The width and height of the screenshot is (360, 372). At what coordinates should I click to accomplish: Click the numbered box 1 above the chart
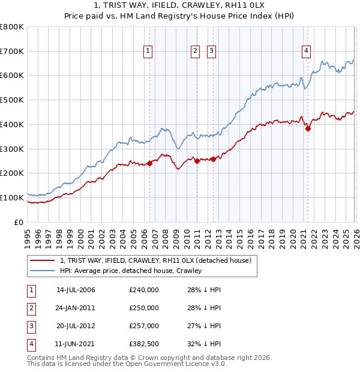pos(148,52)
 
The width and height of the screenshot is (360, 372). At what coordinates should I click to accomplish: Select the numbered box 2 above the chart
pos(196,52)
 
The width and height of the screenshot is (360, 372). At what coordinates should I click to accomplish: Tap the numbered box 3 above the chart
pos(212,52)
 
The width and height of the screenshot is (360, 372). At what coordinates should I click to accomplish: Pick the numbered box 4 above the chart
pos(306,52)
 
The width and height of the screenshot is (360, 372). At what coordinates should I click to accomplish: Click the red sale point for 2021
pos(308,128)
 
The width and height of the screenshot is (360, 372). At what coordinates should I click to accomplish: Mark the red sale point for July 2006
pos(149,163)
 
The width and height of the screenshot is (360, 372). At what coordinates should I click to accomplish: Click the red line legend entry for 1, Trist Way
pos(158,260)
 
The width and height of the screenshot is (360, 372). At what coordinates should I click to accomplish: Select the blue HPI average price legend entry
pos(131,271)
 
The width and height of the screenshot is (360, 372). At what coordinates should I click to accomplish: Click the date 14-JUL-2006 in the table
pos(76,290)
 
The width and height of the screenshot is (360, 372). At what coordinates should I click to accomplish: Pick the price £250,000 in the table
pos(144,308)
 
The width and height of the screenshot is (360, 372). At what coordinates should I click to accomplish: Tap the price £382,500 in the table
pos(144,344)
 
